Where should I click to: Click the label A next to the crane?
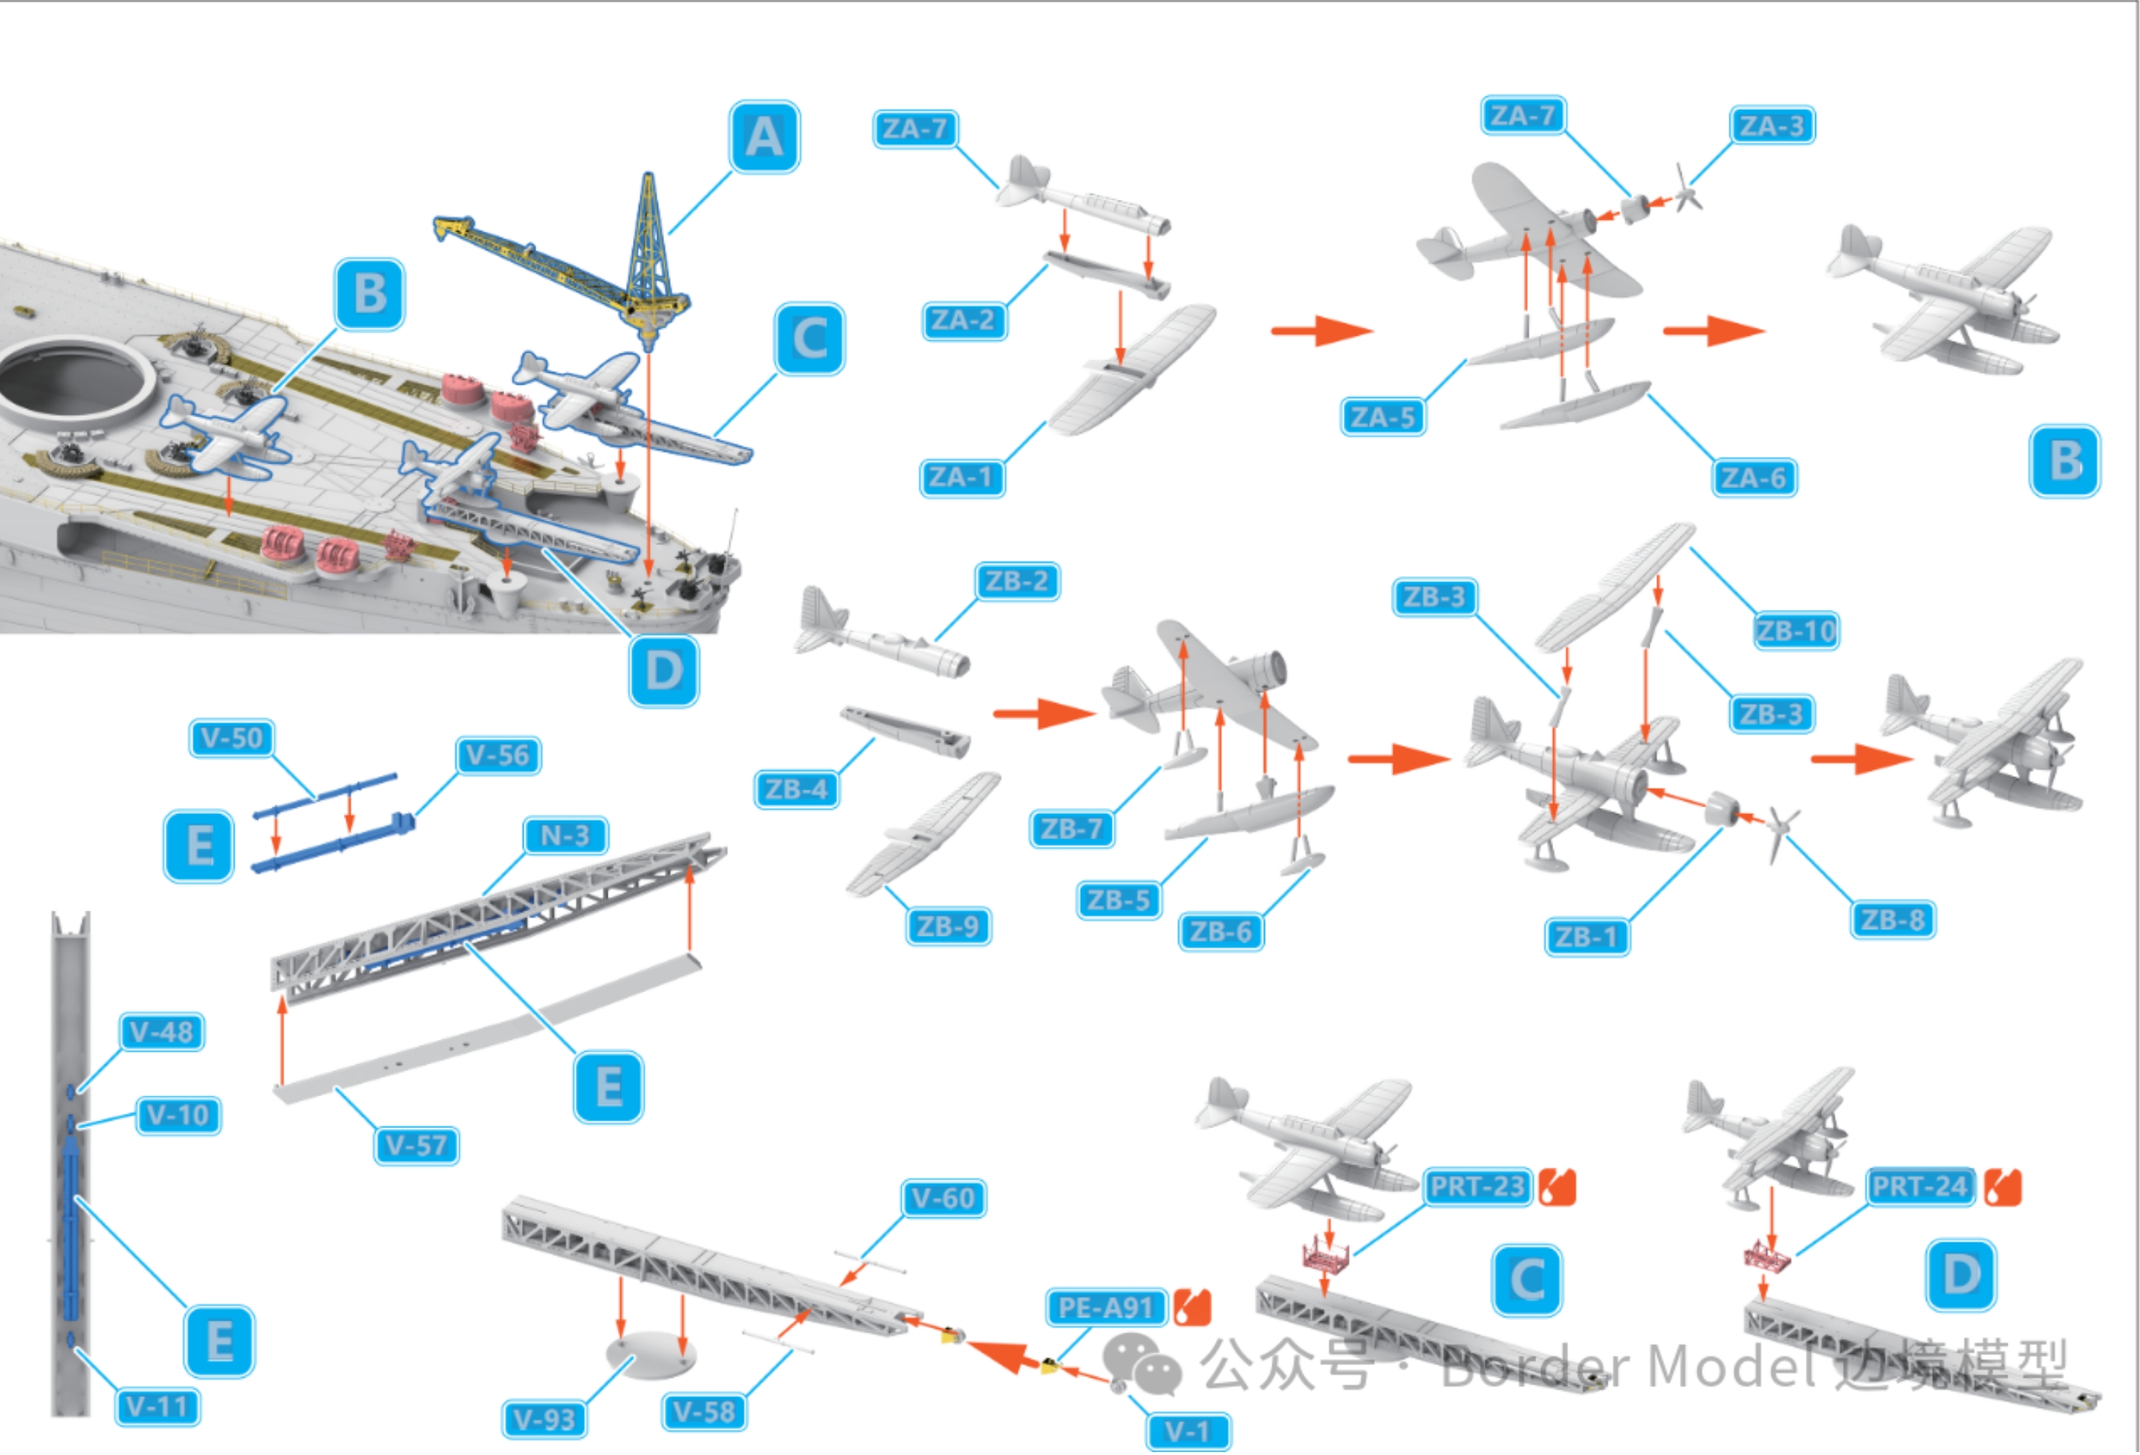pos(764,137)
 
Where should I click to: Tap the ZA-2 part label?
pos(963,320)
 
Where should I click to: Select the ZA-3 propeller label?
pos(1772,126)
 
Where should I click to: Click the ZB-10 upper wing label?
pos(1795,632)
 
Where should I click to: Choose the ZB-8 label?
pos(1893,920)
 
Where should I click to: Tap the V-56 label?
pos(497,756)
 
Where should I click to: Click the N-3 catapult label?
pos(565,836)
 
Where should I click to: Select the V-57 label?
pos(416,1147)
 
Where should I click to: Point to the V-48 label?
pos(161,1032)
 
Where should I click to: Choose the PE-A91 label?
pos(1105,1308)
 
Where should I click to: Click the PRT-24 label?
pos(1920,1187)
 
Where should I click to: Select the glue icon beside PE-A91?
pos(1192,1308)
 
